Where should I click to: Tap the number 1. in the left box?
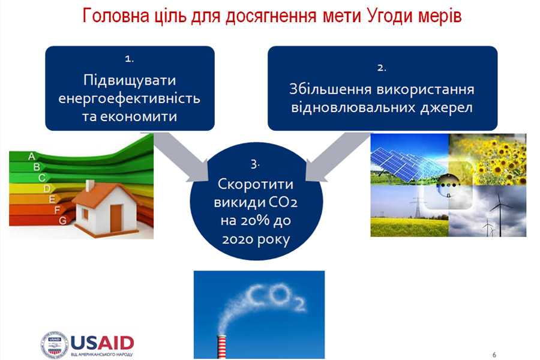click(129, 59)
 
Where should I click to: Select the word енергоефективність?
click(129, 98)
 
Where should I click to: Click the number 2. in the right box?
click(382, 68)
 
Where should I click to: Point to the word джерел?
click(446, 108)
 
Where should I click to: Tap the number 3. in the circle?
click(255, 164)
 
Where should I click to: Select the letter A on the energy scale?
click(32, 157)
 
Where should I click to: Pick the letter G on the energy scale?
click(62, 220)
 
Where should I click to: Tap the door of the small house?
click(116, 219)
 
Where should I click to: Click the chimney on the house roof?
click(90, 185)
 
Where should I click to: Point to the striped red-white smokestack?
click(221, 347)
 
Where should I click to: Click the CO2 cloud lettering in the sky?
click(276, 297)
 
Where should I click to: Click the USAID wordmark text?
click(102, 343)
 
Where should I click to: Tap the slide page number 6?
click(494, 355)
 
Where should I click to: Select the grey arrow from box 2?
click(339, 157)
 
